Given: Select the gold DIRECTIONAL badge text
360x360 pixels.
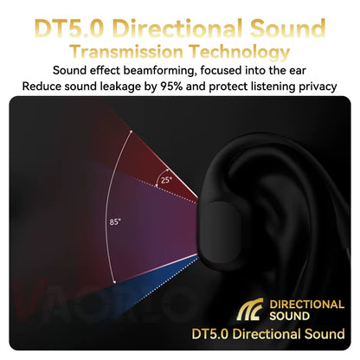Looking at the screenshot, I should (x=307, y=305).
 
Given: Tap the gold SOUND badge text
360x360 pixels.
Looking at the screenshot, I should (x=292, y=317).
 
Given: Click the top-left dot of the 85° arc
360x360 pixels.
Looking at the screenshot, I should (x=130, y=132).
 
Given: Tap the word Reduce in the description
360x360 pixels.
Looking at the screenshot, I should (x=43, y=86).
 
